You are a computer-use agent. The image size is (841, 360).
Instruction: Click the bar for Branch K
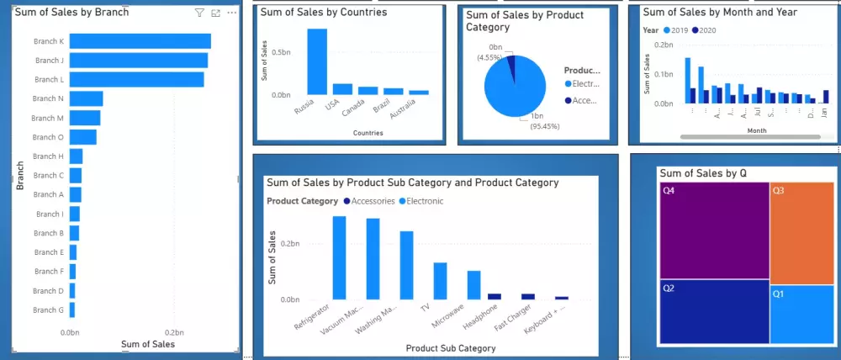tap(140, 41)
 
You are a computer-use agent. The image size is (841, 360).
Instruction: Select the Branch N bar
tap(86, 98)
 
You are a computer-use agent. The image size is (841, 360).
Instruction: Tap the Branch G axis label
tap(48, 310)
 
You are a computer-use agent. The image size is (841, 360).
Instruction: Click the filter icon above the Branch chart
tap(199, 13)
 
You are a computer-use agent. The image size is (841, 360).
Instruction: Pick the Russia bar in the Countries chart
tap(317, 61)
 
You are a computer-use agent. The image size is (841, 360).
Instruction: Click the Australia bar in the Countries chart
tap(419, 92)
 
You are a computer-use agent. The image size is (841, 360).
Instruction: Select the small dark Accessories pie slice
tap(510, 64)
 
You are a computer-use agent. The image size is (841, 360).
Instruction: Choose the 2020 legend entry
tap(703, 30)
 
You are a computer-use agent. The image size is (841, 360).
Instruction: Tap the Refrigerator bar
tap(339, 257)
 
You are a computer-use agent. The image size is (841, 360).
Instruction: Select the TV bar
tap(440, 280)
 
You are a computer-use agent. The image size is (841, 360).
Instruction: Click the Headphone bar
tap(495, 296)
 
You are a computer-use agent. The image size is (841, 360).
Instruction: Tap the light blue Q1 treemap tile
tap(801, 313)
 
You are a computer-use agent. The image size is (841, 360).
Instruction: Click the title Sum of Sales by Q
tap(703, 173)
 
